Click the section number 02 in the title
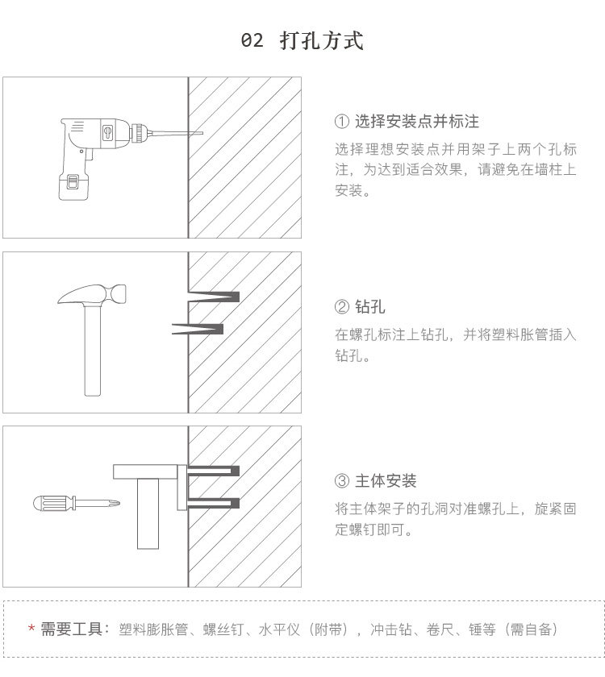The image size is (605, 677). (252, 40)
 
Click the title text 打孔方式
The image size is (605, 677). (322, 40)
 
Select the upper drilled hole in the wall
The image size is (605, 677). (214, 295)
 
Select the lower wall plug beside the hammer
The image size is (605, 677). (198, 328)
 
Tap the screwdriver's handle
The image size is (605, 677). (52, 505)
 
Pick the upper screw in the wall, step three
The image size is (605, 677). (214, 471)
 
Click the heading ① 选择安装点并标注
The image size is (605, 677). (407, 122)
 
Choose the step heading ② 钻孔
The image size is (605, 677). (360, 307)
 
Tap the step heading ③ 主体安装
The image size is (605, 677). (375, 481)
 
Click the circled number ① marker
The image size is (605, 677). (341, 122)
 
